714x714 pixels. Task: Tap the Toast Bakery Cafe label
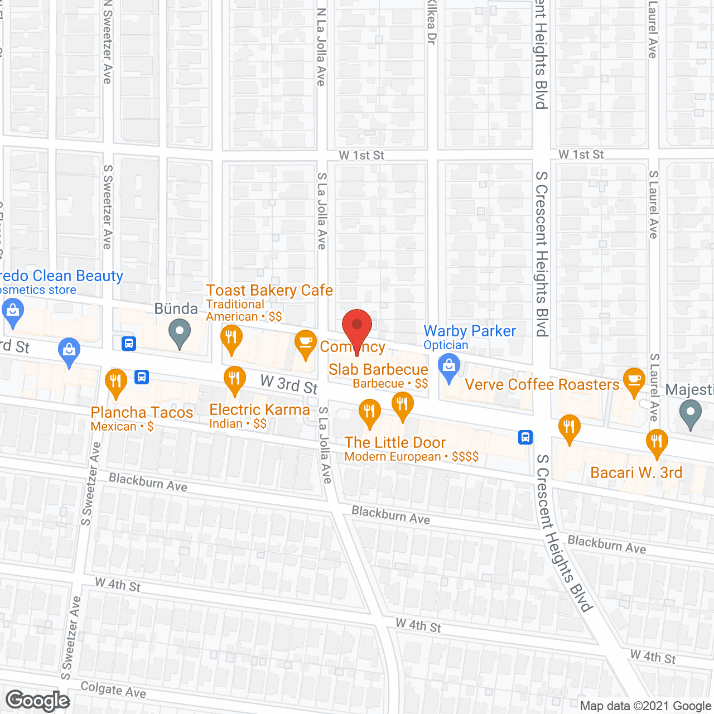[x=269, y=291]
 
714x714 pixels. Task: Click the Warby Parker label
[x=470, y=331]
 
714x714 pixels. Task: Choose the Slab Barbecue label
[x=378, y=370]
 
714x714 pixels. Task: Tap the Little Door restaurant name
[x=395, y=443]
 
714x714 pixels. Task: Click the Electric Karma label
[x=259, y=410]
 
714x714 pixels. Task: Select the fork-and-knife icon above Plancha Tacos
[x=115, y=383]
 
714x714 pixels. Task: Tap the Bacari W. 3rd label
[x=636, y=473]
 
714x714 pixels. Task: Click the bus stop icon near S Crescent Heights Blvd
[x=525, y=437]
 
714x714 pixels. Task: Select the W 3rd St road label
[x=289, y=384]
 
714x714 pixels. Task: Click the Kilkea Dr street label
[x=431, y=22]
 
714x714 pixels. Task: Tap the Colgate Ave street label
[x=113, y=690]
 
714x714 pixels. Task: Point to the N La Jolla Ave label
[x=321, y=47]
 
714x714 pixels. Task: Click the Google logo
[x=38, y=701]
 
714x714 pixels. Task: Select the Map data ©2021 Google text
[x=646, y=706]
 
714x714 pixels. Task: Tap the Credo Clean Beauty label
[x=61, y=276]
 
